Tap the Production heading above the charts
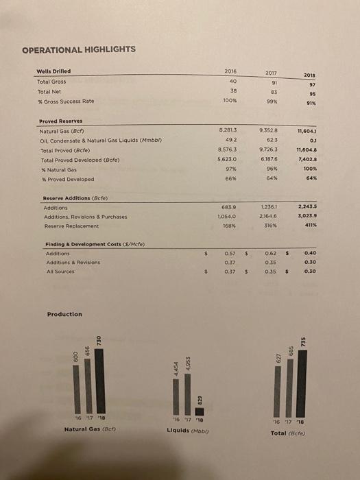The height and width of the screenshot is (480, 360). point(64,314)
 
